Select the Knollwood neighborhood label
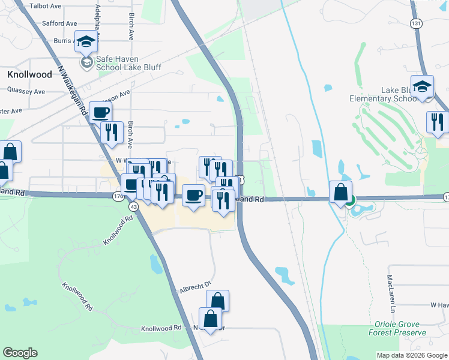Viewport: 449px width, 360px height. [x=31, y=74]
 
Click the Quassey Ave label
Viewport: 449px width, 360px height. [x=26, y=91]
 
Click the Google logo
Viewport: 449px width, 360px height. [x=20, y=353]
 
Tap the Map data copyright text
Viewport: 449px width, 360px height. [x=412, y=355]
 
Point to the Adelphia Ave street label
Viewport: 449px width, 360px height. [x=98, y=19]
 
